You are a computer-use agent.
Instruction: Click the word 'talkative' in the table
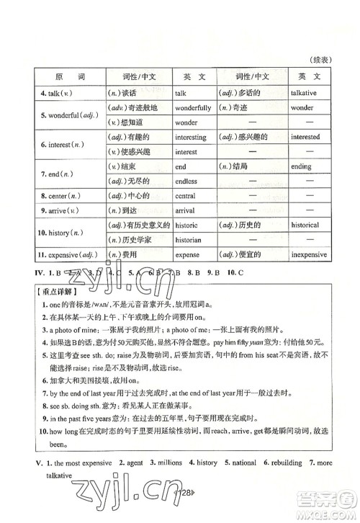coord(305,93)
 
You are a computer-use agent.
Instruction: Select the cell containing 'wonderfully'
coord(193,107)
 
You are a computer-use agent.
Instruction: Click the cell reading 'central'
coord(186,195)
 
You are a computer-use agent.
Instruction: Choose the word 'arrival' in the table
coord(186,210)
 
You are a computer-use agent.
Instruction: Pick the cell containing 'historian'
coord(189,240)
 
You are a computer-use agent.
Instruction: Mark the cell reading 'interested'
coord(305,136)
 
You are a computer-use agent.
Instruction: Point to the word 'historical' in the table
coord(305,225)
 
